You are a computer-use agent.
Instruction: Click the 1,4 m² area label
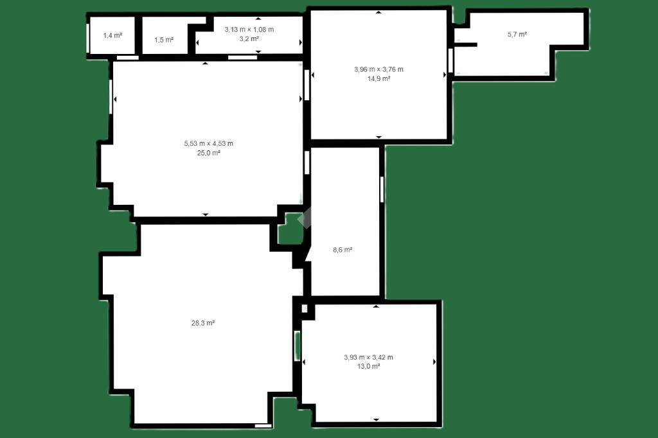tap(112, 36)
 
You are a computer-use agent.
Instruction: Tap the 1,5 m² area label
tap(164, 40)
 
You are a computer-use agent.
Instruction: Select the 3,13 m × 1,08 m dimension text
tap(249, 30)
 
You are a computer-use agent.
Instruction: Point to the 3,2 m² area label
tap(249, 39)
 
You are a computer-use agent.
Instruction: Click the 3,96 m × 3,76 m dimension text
tap(379, 69)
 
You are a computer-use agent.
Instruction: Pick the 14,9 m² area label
tap(379, 78)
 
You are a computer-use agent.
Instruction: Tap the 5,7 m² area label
tap(517, 35)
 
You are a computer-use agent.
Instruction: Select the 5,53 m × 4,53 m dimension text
tap(209, 143)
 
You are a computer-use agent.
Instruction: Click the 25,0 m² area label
tap(209, 153)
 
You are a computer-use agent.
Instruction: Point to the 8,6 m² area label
tap(342, 250)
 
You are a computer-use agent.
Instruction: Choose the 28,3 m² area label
tap(203, 323)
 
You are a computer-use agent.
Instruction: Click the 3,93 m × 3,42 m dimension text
tap(368, 358)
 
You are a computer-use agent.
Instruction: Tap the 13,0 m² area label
tap(368, 366)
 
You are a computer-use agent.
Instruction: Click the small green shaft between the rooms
tap(290, 230)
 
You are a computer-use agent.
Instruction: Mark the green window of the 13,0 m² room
tap(297, 346)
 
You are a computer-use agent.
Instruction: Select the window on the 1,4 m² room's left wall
tap(87, 38)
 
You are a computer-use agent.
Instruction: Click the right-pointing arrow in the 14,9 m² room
tap(445, 75)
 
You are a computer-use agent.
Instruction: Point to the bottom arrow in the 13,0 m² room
tap(376, 419)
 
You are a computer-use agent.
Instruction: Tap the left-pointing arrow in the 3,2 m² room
tap(198, 42)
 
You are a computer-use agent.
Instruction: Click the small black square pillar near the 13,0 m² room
tap(305, 309)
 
